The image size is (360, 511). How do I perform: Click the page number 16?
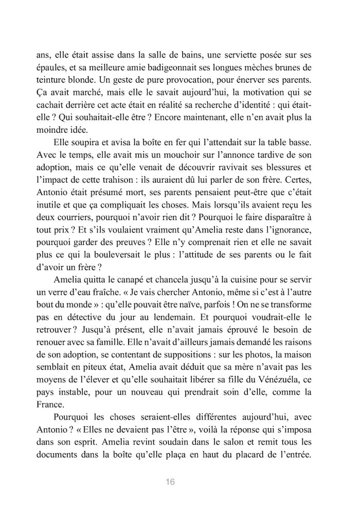(171, 482)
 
